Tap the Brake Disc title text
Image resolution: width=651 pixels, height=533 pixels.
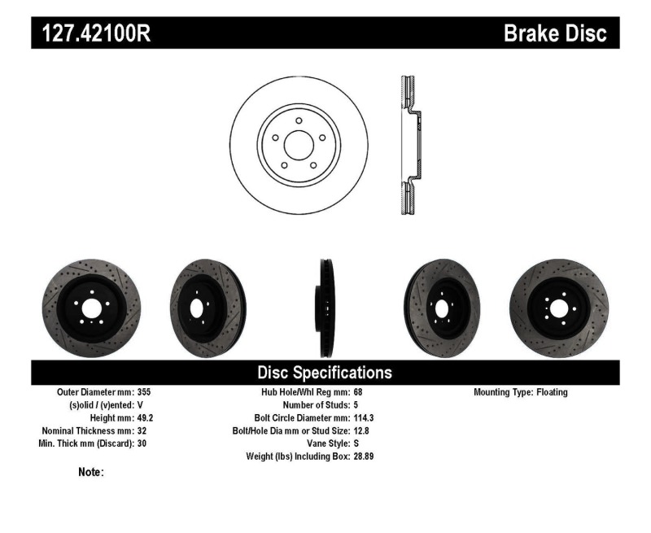555,33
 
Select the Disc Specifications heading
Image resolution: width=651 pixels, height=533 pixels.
325,373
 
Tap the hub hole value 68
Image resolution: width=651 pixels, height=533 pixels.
359,392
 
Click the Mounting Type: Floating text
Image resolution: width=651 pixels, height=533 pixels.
521,392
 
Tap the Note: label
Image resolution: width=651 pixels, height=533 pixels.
90,472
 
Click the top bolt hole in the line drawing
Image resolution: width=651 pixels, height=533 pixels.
299,121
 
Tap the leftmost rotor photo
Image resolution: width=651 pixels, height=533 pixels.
90,308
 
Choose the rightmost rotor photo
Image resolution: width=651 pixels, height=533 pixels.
557,308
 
